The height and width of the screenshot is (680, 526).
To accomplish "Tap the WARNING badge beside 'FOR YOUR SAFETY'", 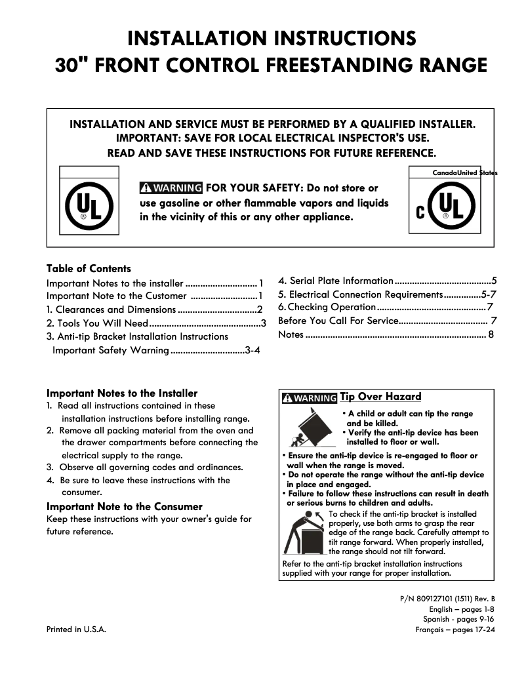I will (171, 189).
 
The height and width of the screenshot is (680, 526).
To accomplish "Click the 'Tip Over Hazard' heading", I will (380, 397).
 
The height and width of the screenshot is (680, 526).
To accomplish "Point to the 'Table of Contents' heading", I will (89, 269).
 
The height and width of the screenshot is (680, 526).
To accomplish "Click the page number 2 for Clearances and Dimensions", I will (260, 310).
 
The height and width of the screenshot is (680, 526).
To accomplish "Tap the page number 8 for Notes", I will (491, 335).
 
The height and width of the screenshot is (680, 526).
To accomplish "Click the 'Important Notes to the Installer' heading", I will (122, 393).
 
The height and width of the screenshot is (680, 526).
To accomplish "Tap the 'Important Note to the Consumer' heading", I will (125, 506).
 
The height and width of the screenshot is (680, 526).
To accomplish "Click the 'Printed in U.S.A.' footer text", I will (76, 630).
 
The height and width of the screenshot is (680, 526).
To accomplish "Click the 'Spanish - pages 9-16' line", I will (458, 619).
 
